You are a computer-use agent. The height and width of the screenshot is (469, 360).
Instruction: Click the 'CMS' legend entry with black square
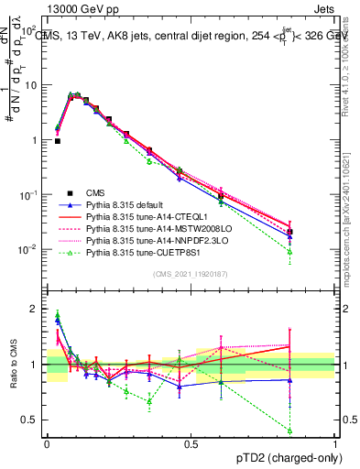pyautogui.click(x=98, y=193)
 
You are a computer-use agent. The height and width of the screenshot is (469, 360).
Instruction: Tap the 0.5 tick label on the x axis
pyautogui.click(x=191, y=443)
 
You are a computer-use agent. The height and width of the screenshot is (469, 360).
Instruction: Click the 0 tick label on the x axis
pyautogui.click(x=47, y=443)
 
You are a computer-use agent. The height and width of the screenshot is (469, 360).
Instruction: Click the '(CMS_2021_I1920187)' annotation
pyautogui.click(x=191, y=272)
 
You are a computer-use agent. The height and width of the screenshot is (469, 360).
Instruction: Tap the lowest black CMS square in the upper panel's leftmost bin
pyautogui.click(x=58, y=141)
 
